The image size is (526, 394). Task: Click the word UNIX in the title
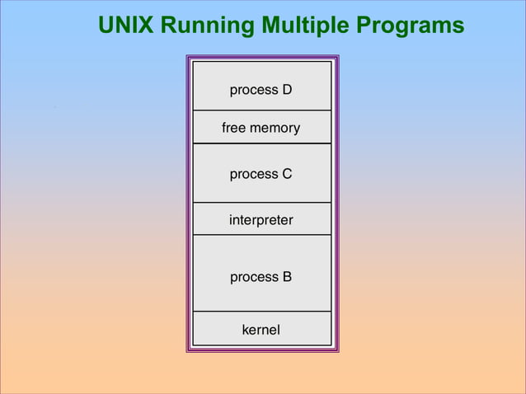[125, 26]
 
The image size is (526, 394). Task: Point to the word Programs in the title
[409, 26]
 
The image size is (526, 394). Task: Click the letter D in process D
[287, 89]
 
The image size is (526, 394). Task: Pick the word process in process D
[254, 89]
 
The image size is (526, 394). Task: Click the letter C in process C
[287, 174]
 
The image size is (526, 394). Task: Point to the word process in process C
[254, 174]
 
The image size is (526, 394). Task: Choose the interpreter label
[261, 220]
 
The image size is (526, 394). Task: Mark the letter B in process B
[287, 277]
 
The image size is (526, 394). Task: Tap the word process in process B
[254, 277]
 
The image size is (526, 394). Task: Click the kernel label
[261, 330]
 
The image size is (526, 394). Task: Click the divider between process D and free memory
[261, 110]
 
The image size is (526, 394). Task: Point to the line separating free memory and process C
[261, 143]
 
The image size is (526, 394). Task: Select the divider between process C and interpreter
[261, 203]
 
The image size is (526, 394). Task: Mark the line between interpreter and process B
[261, 235]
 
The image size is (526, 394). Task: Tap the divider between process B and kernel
[261, 312]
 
